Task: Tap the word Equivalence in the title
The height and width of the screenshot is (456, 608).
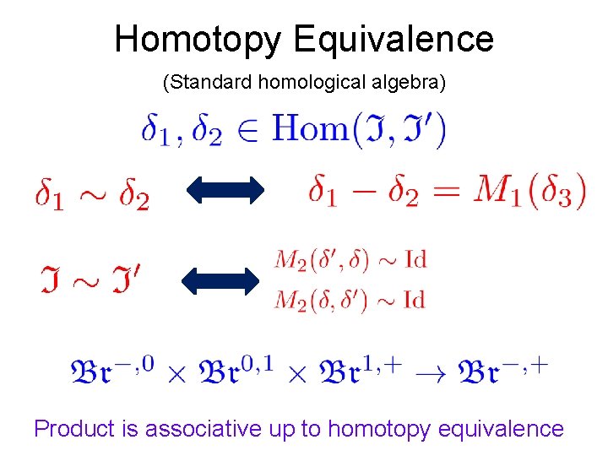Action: (x=394, y=40)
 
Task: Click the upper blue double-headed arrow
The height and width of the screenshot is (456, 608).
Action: (x=223, y=191)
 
